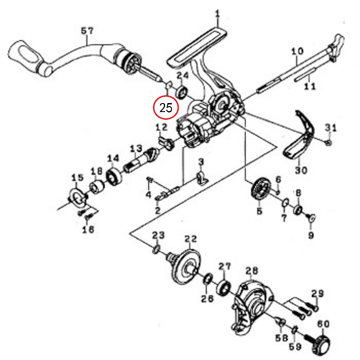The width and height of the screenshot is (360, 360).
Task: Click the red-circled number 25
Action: tap(166, 107)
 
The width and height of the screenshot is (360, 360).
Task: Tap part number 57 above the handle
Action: tap(87, 31)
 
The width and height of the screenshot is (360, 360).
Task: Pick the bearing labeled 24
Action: tap(182, 92)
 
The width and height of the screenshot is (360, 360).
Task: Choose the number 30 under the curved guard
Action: tap(301, 170)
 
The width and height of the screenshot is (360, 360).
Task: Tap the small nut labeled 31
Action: tap(328, 143)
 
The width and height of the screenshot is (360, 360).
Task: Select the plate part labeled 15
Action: tap(77, 197)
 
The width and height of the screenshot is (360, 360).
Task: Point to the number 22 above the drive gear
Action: tap(191, 239)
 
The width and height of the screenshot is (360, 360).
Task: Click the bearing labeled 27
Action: tap(224, 288)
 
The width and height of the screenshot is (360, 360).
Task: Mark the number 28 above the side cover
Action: tap(252, 271)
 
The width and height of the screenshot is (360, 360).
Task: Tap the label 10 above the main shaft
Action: tap(297, 51)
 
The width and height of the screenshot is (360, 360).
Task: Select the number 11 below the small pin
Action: tap(310, 86)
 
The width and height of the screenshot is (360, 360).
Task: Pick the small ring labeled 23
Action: tap(156, 249)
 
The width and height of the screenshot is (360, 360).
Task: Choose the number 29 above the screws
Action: tap(318, 294)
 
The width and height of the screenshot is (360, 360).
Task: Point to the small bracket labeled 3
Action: tap(202, 178)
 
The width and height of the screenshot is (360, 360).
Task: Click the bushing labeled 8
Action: tap(298, 210)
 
